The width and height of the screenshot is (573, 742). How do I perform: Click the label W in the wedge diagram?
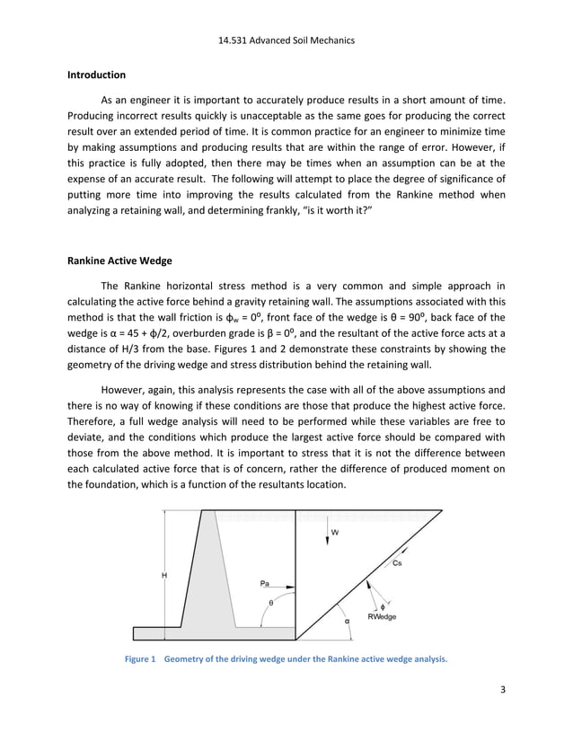tap(335, 532)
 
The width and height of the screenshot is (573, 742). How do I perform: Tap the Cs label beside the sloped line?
tap(398, 563)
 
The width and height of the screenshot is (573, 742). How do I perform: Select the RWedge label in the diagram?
tap(382, 616)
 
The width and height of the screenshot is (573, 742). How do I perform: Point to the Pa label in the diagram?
tap(265, 583)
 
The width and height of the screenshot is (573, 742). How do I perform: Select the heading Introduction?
tap(96, 75)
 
